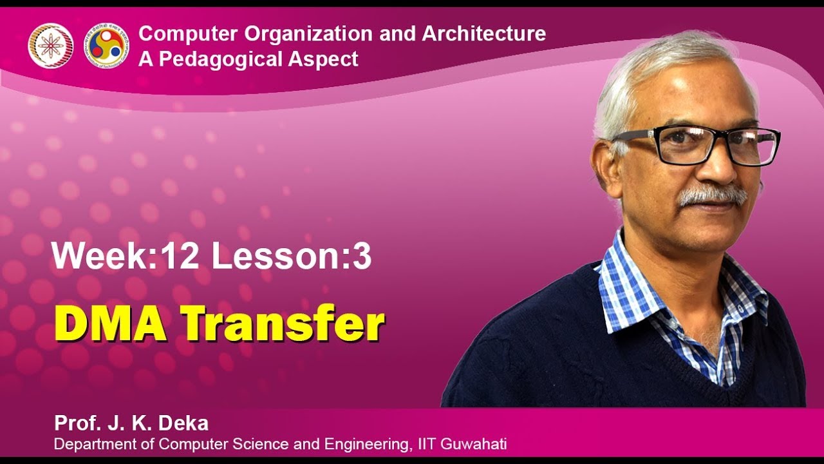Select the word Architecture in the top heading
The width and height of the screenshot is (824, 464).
coord(483,34)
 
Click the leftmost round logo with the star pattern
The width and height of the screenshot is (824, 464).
coord(50,46)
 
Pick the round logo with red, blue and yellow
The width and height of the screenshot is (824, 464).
coord(107,46)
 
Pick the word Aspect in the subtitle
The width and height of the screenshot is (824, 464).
coord(328,59)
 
